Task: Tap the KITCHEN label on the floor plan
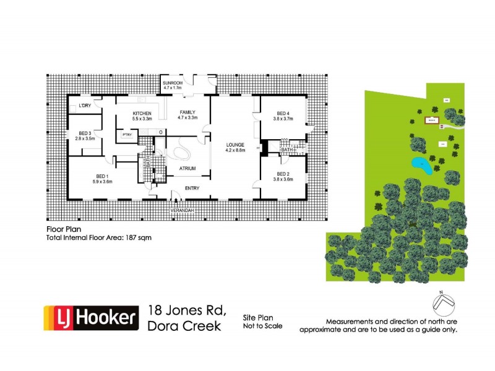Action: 142,113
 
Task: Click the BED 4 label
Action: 283,113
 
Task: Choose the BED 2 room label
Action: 283,174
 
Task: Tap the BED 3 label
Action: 85,134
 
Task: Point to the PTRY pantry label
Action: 127,134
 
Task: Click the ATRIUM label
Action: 187,168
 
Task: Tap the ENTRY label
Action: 193,188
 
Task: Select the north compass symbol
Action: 442,304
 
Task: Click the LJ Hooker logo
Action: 90,319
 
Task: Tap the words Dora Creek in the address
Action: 184,326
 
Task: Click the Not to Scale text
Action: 262,326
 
